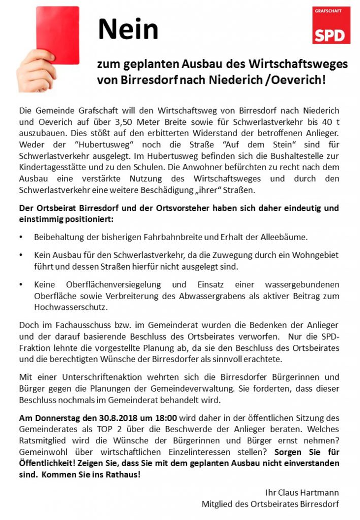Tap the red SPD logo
tap(331, 25)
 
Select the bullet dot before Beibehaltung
tap(21, 237)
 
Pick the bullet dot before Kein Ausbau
tap(21, 255)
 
